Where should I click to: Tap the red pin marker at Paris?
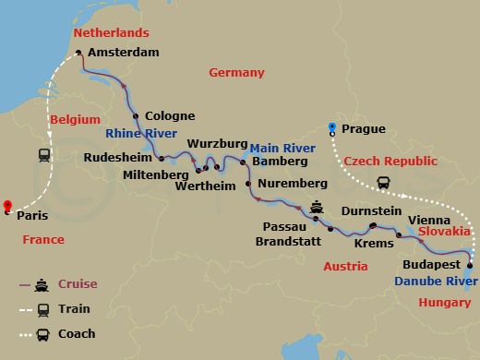[x=6, y=207]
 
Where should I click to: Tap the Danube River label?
[x=429, y=280]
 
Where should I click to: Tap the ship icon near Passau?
[x=318, y=207]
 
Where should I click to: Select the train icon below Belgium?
[x=43, y=156]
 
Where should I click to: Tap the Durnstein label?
[x=370, y=211]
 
